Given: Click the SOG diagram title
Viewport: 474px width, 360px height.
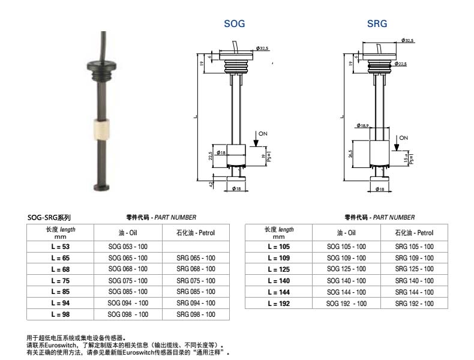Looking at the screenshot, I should tap(234, 24).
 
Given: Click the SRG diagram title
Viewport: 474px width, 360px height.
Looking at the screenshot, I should tap(377, 24).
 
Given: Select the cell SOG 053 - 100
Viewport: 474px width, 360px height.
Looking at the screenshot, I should tap(127, 247).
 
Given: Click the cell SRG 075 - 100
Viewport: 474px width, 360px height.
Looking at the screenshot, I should tap(196, 281).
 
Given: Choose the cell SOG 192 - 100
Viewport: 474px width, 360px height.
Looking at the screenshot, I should tap(346, 304).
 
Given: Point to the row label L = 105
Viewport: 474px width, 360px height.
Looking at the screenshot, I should tap(279, 247).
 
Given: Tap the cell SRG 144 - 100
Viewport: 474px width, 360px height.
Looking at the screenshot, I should tap(414, 292).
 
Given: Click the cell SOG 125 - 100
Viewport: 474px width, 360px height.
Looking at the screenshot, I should tap(346, 269).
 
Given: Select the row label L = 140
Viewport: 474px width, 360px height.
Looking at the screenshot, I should tap(279, 281).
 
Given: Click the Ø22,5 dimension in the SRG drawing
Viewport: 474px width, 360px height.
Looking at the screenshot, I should tap(400, 64).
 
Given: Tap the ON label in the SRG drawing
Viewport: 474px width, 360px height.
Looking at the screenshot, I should tap(403, 137).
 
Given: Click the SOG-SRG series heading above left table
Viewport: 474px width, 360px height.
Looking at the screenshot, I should tap(49, 217).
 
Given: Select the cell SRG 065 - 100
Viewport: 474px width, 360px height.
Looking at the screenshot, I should tap(196, 258).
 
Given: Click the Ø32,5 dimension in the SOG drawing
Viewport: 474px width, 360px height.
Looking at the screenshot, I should tap(262, 47).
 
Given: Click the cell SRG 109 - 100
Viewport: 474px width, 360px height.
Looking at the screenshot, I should tap(414, 258).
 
